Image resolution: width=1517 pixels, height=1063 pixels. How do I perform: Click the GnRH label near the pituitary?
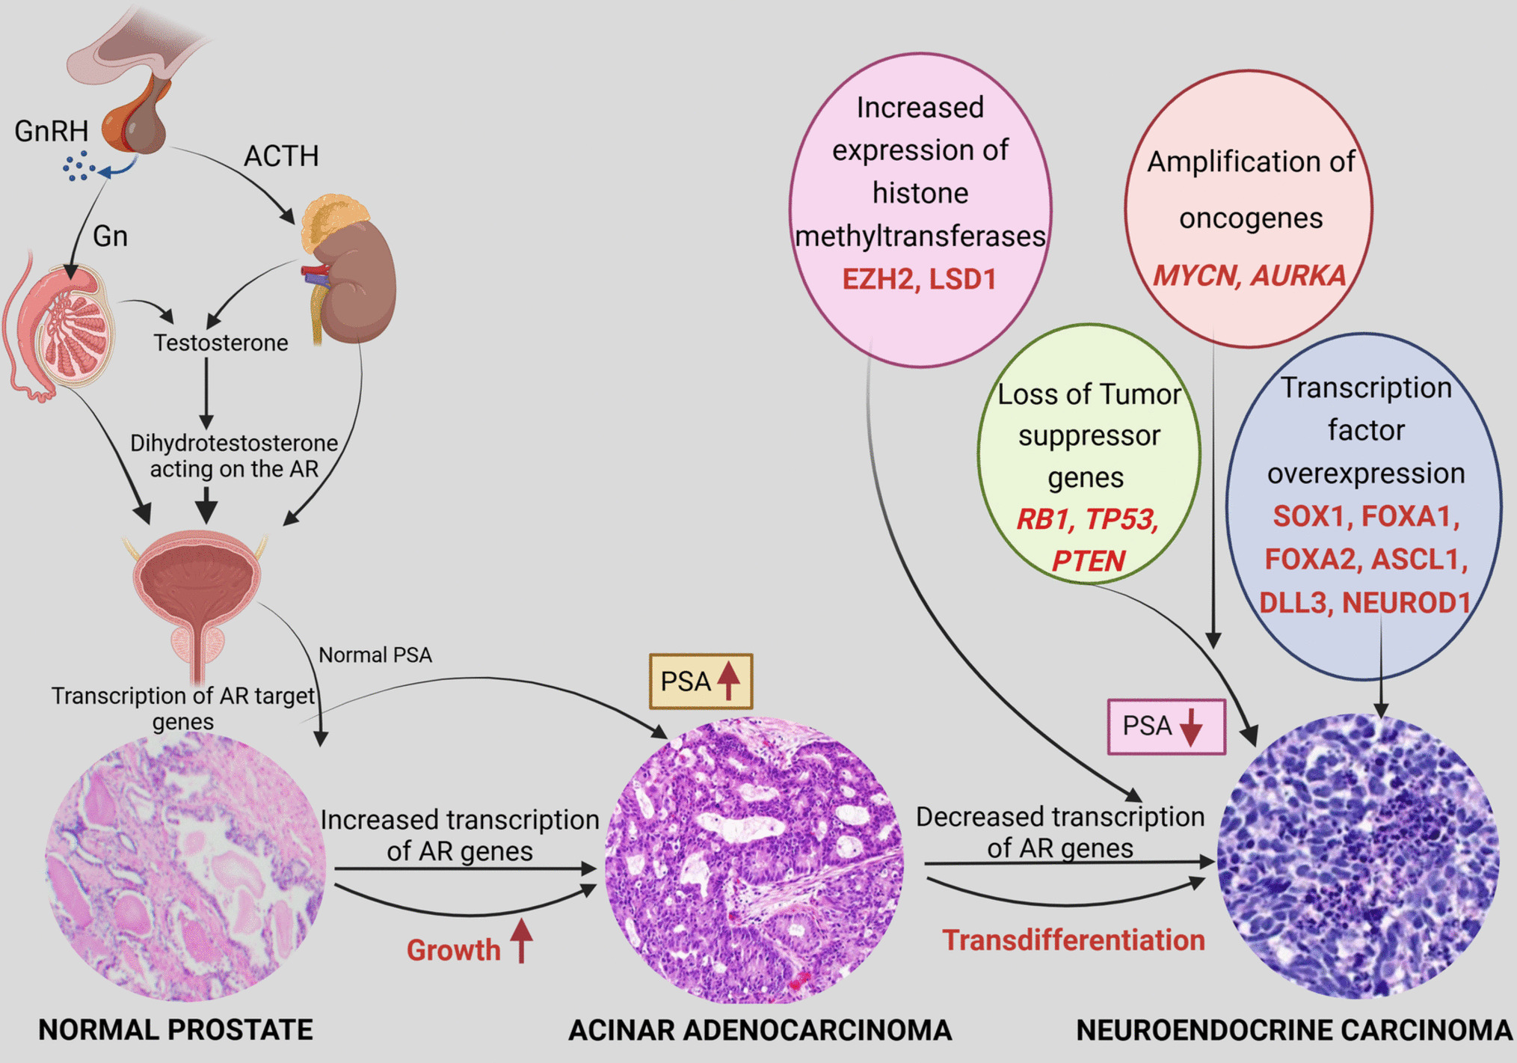coord(51,132)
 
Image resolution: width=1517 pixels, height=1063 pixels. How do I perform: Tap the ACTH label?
coord(281,156)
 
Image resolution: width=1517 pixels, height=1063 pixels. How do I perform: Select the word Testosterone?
coord(221,343)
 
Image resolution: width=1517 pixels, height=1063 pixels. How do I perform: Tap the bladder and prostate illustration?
coord(197,591)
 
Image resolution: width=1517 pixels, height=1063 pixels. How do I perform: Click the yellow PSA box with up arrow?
coord(701,681)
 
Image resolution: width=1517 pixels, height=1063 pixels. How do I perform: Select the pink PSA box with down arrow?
coord(1166,726)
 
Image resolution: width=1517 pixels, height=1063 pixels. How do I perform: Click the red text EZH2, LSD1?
coord(920,280)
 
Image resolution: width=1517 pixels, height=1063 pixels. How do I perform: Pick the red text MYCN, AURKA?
coord(1249,276)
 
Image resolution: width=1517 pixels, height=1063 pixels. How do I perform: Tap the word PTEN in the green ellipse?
coord(1088,561)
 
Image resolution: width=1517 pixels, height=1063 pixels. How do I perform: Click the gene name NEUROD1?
coord(1406,603)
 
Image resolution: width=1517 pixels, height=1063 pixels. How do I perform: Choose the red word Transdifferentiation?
coord(1073,940)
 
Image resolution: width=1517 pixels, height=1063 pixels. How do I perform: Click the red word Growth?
coord(453,950)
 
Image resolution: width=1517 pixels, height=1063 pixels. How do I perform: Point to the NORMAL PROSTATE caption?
coord(176,1030)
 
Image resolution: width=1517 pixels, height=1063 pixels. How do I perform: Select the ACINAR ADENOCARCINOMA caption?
coord(760,1030)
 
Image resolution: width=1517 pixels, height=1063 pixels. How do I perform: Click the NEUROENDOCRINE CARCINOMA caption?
coord(1294,1030)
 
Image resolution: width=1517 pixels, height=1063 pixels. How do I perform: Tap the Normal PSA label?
coord(375,655)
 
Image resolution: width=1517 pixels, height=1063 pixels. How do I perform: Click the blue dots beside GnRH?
coord(78,166)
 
